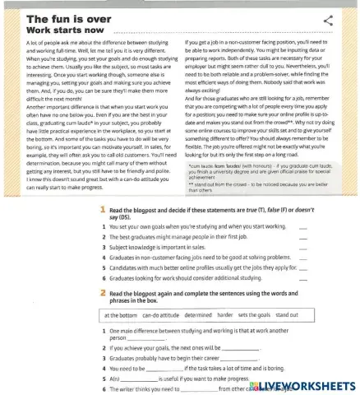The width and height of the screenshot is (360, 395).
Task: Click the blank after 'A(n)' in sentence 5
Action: [146, 379]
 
